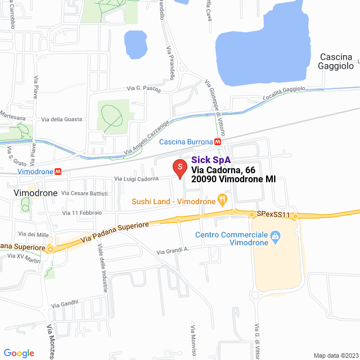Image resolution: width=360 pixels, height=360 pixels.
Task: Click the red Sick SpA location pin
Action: point(179,168)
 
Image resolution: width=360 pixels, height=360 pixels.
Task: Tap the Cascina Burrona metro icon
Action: point(218,142)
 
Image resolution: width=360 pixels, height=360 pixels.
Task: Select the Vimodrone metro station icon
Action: point(58,170)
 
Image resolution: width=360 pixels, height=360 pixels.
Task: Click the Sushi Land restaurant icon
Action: point(223,199)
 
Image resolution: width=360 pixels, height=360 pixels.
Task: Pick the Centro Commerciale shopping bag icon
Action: point(275,236)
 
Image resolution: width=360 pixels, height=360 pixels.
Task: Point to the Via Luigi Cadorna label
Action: point(137,179)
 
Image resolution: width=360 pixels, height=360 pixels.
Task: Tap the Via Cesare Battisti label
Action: point(84,193)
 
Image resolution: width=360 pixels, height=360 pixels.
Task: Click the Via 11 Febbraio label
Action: point(82,213)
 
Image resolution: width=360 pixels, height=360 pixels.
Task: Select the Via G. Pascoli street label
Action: point(143,89)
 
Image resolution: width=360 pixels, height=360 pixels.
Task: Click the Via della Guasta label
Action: point(61,119)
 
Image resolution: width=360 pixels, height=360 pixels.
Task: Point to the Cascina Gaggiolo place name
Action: point(336,61)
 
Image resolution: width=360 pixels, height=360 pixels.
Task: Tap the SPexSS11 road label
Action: point(273,215)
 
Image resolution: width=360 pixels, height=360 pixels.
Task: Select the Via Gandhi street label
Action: point(65,304)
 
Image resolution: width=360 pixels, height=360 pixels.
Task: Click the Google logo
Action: point(19,353)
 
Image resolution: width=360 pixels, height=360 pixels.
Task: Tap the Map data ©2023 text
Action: point(335,355)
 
